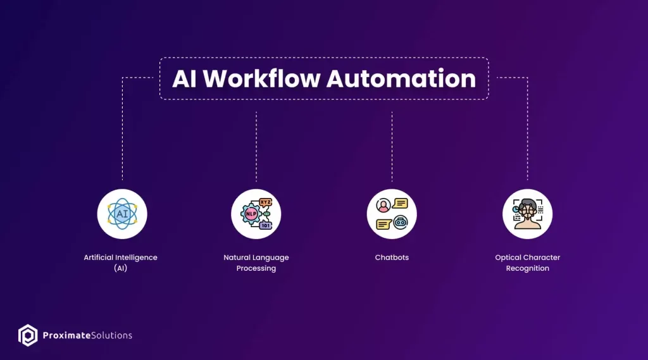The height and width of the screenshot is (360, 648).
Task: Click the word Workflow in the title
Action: click(x=261, y=78)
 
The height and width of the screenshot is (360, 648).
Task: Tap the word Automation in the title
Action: click(x=401, y=78)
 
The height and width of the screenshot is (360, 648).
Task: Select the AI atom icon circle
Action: click(x=122, y=214)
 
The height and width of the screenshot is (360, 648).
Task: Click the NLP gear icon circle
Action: click(x=256, y=214)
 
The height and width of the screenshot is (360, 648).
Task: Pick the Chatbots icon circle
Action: click(x=392, y=214)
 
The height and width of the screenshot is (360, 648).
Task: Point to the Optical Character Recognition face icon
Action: click(x=527, y=214)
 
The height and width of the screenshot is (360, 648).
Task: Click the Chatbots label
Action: click(x=392, y=258)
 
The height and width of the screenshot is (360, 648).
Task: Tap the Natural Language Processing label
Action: click(x=256, y=263)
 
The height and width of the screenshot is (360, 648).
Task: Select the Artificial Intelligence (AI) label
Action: click(x=121, y=263)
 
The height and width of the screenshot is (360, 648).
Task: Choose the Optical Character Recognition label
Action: click(x=528, y=263)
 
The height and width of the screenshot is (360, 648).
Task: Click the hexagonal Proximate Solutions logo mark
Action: click(x=28, y=335)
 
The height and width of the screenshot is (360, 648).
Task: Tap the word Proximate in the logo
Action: click(x=66, y=335)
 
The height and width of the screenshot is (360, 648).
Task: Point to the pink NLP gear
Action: click(x=251, y=214)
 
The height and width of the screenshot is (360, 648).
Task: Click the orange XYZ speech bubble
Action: click(x=265, y=202)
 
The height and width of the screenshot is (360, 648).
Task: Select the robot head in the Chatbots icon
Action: click(x=401, y=223)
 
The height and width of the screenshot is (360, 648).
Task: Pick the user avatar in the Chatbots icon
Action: click(x=383, y=205)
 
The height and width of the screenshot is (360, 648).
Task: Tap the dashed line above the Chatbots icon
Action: click(x=392, y=146)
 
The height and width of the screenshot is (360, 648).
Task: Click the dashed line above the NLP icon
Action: click(x=256, y=146)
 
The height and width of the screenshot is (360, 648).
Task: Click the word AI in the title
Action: click(x=184, y=78)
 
